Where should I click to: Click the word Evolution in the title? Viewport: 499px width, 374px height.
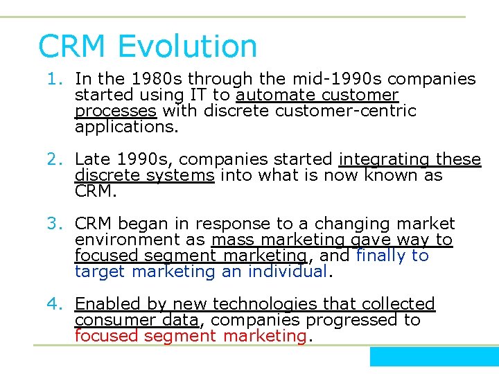(188, 46)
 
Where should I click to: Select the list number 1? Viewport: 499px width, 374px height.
(56, 80)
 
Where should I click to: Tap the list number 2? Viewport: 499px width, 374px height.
(56, 160)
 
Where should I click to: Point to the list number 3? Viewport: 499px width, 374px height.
(56, 224)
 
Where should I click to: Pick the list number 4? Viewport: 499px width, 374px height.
(56, 304)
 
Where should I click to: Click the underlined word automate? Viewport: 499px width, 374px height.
(270, 95)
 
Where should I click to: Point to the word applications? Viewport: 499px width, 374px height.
(126, 127)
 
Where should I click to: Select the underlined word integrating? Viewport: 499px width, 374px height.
(380, 159)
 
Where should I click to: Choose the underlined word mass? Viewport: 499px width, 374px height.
(234, 240)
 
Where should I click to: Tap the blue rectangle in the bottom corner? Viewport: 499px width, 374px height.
(434, 357)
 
